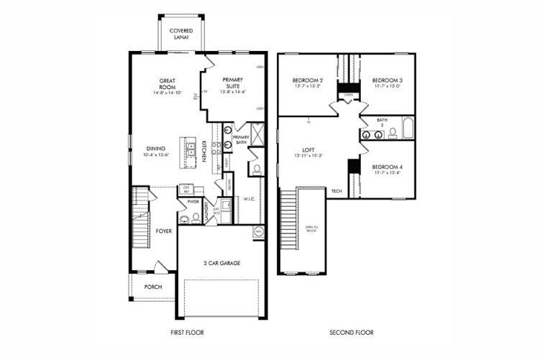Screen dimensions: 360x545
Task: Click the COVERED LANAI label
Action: (x=180, y=34)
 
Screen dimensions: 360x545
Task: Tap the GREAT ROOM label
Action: (x=167, y=83)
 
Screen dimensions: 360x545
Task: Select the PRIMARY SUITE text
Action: (x=232, y=83)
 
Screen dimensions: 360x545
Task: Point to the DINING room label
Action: (x=156, y=149)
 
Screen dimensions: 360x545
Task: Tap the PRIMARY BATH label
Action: (x=241, y=139)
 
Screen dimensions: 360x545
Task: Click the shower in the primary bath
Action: (x=258, y=134)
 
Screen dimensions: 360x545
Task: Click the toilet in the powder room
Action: (x=195, y=216)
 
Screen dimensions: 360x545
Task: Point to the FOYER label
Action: (x=164, y=231)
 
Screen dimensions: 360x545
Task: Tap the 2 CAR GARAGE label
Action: (x=221, y=263)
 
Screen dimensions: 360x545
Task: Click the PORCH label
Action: (x=152, y=287)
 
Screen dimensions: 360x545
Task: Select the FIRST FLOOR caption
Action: (x=188, y=333)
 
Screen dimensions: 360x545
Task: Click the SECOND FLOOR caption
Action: (x=351, y=333)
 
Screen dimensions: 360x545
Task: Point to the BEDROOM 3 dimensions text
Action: (x=387, y=86)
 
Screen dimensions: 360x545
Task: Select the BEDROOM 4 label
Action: (x=387, y=167)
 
